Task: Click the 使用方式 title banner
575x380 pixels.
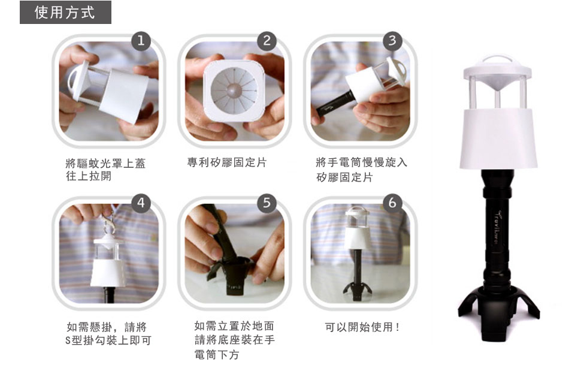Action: point(65,12)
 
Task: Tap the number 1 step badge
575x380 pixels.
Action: point(141,40)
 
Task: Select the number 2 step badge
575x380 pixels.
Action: point(267,40)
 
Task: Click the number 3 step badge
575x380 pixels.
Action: point(392,40)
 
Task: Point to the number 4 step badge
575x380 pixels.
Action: point(141,203)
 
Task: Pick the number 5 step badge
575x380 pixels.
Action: point(267,203)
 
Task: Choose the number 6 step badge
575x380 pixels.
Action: point(392,203)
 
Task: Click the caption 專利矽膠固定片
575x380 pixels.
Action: point(227,162)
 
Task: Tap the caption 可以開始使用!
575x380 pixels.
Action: point(362,327)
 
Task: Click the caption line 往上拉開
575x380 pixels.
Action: point(89,176)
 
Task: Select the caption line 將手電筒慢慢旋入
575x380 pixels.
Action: point(362,162)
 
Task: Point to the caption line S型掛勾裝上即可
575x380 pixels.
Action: point(108,340)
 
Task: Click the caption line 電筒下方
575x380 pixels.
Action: point(217,354)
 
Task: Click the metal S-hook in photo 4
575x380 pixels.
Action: point(108,225)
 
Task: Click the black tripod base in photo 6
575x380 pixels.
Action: point(358,291)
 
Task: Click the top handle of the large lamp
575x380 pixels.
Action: point(497,60)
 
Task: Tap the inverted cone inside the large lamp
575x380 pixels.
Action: point(497,84)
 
